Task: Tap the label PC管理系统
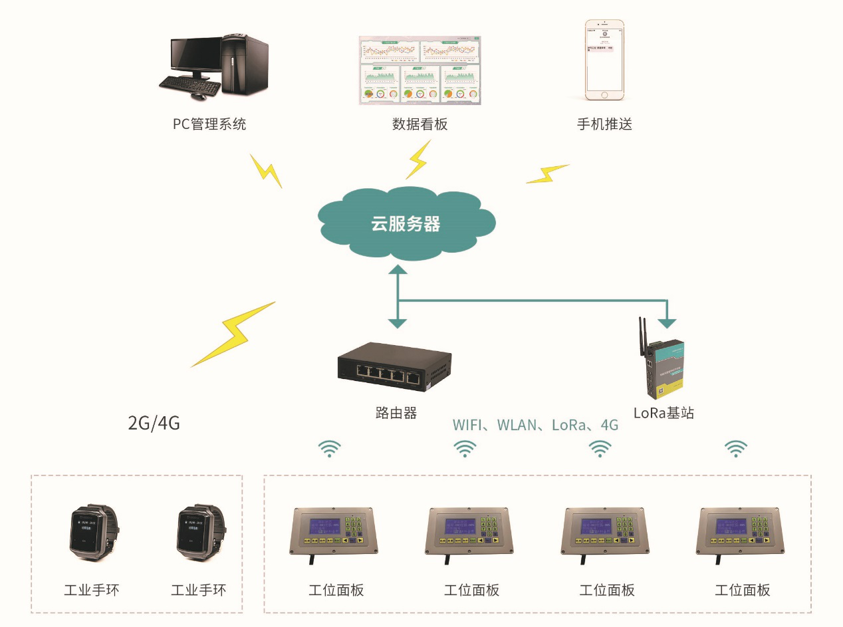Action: [x=209, y=124]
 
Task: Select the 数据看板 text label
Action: [x=420, y=124]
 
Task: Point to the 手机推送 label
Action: [x=604, y=124]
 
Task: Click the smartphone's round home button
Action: [x=604, y=94]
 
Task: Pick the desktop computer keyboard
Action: [x=189, y=85]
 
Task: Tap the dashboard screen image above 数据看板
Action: [x=420, y=70]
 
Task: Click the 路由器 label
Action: [x=396, y=413]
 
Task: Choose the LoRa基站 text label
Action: [x=663, y=413]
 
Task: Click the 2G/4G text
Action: [x=154, y=424]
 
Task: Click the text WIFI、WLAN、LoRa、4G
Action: [x=535, y=425]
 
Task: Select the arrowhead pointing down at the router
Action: [x=398, y=323]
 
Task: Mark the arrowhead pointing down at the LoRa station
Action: [x=667, y=324]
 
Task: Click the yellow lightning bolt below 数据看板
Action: [x=418, y=160]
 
